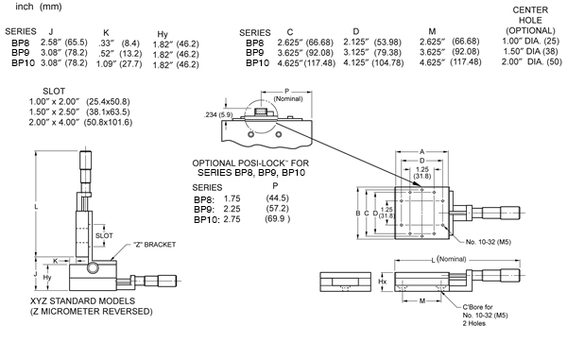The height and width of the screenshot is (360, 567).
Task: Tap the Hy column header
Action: [163, 34]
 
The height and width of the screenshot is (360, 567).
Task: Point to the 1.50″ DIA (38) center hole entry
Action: [531, 51]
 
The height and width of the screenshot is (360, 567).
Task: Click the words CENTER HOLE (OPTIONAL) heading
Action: [530, 20]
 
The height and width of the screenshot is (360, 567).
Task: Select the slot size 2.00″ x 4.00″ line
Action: [80, 122]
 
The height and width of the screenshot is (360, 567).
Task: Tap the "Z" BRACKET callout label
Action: [154, 245]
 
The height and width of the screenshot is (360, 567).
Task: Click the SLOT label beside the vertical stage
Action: [104, 235]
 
